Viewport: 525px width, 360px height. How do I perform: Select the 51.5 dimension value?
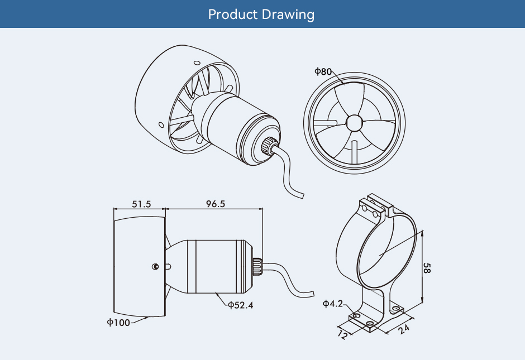point(141,204)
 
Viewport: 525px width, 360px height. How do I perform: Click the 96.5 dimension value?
point(215,204)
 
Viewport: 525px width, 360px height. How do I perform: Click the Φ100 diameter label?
point(119,322)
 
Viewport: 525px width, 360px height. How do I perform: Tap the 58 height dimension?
point(427,268)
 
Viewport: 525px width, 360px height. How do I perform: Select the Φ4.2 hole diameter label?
point(333,304)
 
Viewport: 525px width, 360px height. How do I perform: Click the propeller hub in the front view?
point(354,122)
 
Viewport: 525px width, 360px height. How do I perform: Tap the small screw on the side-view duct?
point(155,266)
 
